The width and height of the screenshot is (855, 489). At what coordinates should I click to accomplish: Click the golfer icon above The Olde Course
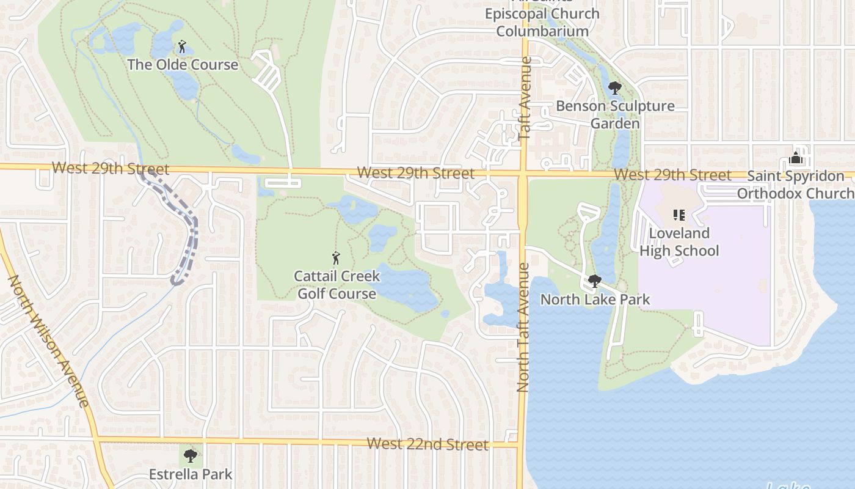click(181, 46)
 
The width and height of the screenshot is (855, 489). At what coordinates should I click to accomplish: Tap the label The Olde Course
click(183, 64)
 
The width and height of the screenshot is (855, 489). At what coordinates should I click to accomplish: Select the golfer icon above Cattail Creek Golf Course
click(335, 258)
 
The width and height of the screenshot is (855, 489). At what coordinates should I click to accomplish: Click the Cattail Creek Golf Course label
click(336, 285)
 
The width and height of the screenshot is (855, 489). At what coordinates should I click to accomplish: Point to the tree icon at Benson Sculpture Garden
click(615, 88)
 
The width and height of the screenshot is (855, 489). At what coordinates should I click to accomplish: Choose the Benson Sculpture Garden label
click(615, 114)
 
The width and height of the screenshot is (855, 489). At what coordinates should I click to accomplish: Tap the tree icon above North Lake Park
click(594, 281)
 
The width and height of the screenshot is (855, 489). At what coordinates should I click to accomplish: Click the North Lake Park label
click(595, 300)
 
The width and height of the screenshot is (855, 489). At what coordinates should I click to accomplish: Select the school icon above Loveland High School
click(679, 215)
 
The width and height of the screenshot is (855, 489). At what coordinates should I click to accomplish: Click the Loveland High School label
click(679, 242)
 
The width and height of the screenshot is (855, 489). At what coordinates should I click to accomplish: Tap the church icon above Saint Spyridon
click(795, 158)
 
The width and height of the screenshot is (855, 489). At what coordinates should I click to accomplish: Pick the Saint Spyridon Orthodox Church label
click(795, 185)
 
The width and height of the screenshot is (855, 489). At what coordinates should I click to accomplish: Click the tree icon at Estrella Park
click(191, 455)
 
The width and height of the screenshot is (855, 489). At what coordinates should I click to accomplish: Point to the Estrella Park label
click(191, 474)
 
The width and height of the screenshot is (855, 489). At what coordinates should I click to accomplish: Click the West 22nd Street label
click(428, 444)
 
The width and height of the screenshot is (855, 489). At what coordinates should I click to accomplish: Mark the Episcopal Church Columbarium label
click(542, 22)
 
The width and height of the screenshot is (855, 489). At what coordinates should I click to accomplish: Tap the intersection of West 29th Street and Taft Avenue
click(523, 174)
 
